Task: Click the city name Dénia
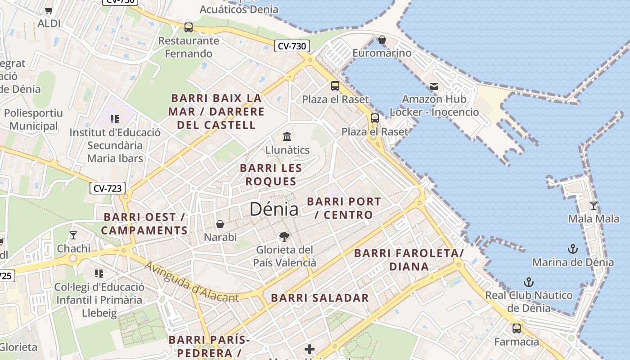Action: coord(274,209)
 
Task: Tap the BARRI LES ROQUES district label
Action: coord(270,175)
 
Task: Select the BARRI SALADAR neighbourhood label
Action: coord(319,298)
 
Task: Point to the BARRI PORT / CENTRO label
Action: coord(344,208)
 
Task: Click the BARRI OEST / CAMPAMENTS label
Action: coord(144,224)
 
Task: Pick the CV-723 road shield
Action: coord(108,188)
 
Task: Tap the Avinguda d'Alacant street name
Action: coord(192,282)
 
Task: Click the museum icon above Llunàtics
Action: coord(287,136)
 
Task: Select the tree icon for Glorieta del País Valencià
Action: coord(284,236)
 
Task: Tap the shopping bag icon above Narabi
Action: coord(220,224)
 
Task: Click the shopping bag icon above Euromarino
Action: coord(382,40)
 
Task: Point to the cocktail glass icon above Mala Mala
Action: coord(593,205)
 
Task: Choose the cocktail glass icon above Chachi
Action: coord(73,235)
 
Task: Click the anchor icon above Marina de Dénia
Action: coord(572,248)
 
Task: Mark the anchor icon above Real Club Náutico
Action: coord(529,282)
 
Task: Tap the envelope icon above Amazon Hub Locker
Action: coord(434,86)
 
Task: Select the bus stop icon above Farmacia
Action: coord(516,328)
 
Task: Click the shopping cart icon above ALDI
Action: coord(49,10)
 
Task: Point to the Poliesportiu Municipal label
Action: coord(34,119)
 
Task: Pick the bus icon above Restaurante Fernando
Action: coord(189,27)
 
